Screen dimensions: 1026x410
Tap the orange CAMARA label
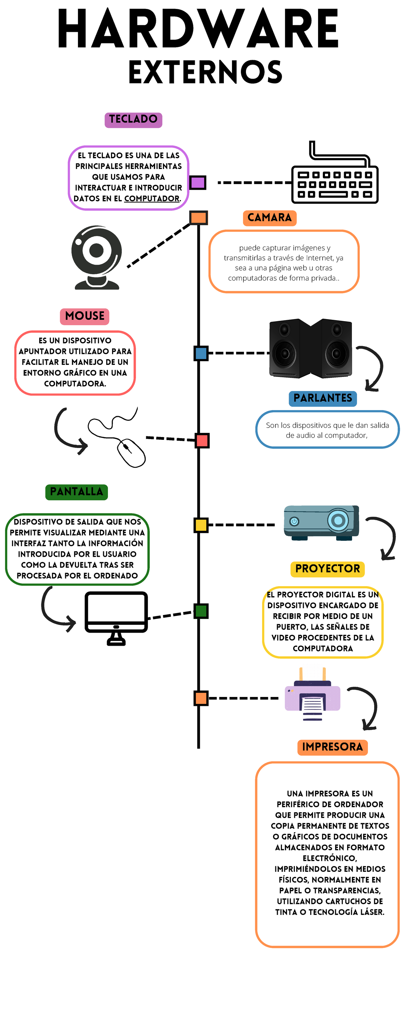click(270, 218)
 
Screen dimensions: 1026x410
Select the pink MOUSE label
click(85, 316)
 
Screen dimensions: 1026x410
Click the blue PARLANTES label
click(323, 398)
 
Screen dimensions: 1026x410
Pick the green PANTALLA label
click(77, 491)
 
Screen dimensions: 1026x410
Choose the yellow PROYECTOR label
click(327, 568)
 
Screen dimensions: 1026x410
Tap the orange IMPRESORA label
click(332, 747)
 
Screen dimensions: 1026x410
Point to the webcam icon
click(97, 257)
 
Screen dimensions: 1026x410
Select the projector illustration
click(321, 522)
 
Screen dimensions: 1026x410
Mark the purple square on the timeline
click(197, 182)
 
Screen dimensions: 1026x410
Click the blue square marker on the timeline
click(201, 353)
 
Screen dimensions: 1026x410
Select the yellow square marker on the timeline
click(201, 525)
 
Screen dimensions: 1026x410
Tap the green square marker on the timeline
click(201, 611)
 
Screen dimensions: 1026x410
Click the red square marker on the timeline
click(202, 440)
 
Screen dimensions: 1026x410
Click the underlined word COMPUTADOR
click(152, 198)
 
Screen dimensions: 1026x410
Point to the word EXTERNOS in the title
click(205, 72)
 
